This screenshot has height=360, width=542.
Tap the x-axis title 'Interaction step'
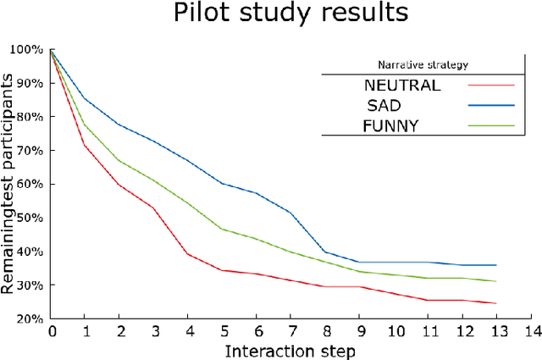click(290, 349)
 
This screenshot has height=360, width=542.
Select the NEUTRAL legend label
click(402, 85)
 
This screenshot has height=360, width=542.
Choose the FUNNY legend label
click(392, 125)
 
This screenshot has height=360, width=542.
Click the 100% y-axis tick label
click(28, 49)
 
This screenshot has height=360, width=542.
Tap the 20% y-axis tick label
click(31, 319)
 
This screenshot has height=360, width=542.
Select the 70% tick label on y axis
click(31, 151)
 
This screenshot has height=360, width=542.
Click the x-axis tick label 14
click(530, 330)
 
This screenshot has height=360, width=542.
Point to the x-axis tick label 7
click(290, 330)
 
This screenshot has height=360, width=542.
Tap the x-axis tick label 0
click(52, 330)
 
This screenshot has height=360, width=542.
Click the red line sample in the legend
click(491, 85)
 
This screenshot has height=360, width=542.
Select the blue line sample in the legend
click(491, 105)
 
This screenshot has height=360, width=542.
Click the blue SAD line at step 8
click(325, 252)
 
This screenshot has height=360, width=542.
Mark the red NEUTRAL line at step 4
click(188, 253)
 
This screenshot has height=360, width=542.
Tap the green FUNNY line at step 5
click(222, 229)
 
